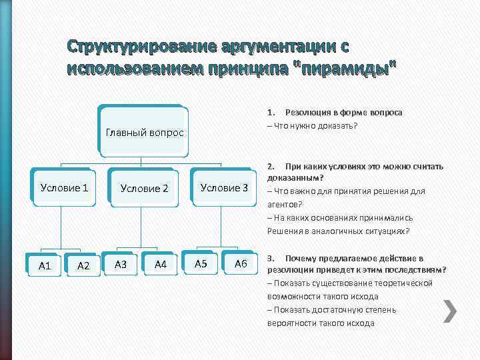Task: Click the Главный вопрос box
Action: point(144,132)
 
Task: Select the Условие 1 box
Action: point(64,187)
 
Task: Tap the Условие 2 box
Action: point(144,189)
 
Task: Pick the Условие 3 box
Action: point(224,187)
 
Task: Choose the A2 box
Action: point(84,266)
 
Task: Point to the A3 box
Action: point(121,265)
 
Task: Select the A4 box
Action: point(160,265)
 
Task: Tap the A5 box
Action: point(201,264)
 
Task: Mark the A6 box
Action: point(241,264)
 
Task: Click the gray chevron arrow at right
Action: point(450,311)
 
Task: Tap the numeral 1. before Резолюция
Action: point(271,113)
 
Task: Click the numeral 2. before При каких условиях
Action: point(271,166)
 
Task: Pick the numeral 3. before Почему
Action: point(271,258)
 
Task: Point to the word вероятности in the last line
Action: point(291,323)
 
